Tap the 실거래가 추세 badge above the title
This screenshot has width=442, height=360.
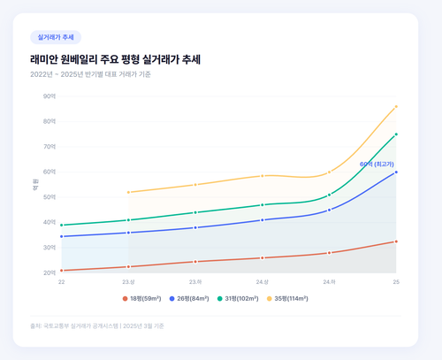[55, 38]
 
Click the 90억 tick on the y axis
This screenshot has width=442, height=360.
[50, 96]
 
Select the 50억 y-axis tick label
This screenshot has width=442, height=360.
[50, 196]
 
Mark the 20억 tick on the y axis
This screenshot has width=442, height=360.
[50, 272]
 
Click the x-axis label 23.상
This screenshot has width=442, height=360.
[128, 281]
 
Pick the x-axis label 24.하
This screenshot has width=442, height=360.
[329, 281]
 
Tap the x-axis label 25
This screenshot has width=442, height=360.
[396, 281]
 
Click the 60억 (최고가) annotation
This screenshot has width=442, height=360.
[377, 165]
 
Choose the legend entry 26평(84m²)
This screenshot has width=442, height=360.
[195, 299]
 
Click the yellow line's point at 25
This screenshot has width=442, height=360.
[396, 106]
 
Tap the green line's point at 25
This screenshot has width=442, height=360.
[396, 134]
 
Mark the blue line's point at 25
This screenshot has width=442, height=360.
[396, 172]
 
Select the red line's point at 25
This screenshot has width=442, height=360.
[396, 241]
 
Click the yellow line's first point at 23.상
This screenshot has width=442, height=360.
[128, 192]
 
